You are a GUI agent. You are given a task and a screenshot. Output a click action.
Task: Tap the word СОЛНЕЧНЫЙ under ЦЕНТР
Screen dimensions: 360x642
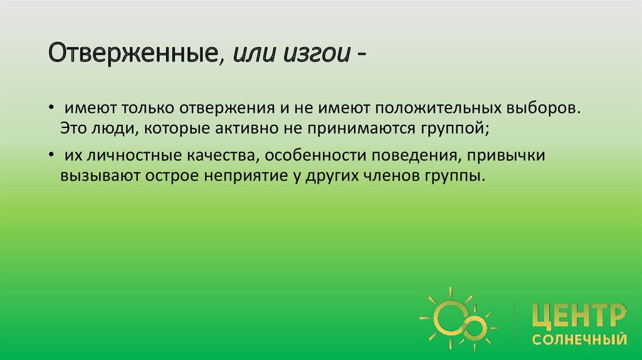tap(579, 340)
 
